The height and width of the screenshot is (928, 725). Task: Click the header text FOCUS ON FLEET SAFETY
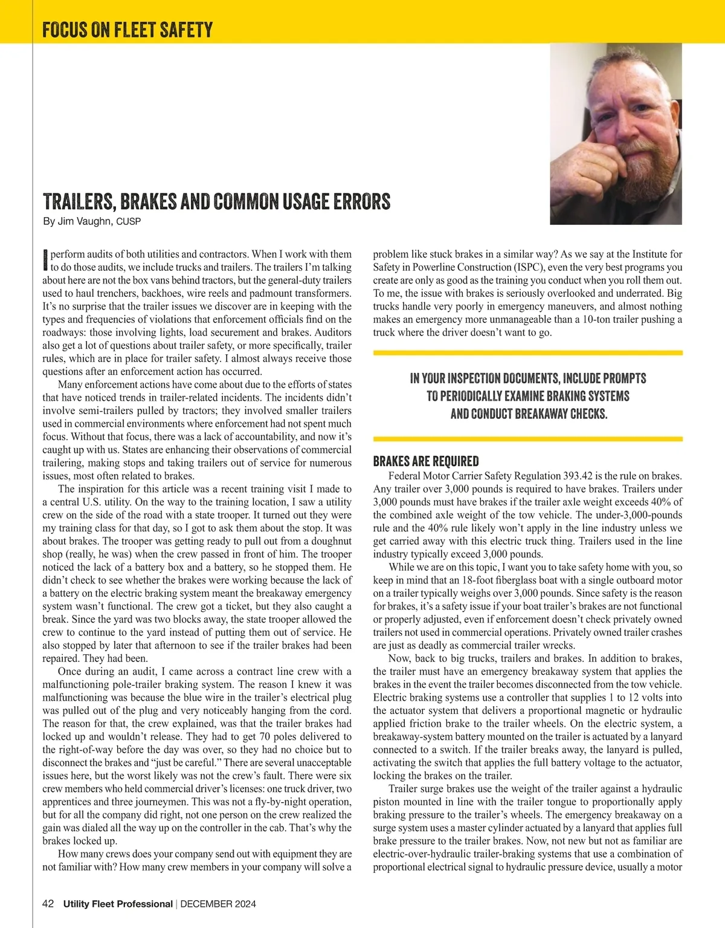click(127, 30)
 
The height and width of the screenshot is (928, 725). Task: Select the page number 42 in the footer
click(48, 904)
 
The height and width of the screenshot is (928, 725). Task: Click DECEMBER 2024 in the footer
click(218, 904)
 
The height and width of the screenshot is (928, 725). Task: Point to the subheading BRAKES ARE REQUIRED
click(426, 461)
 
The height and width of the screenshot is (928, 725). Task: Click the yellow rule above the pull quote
click(528, 352)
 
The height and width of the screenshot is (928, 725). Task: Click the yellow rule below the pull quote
click(528, 439)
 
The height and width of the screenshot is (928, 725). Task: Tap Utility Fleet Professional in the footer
click(118, 904)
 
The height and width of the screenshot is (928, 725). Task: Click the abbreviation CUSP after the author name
click(128, 222)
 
